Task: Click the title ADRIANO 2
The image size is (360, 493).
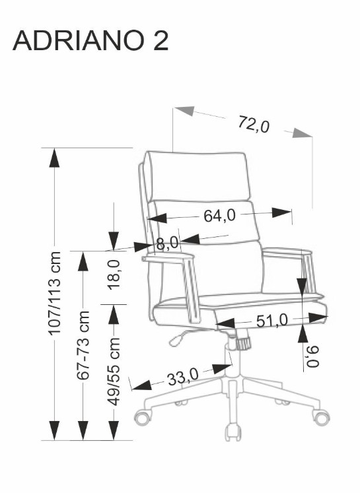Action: point(90,40)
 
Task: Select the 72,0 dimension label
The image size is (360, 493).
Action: point(254,124)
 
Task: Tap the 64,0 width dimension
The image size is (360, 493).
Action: point(219,215)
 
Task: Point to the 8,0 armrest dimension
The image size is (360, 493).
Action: point(167,244)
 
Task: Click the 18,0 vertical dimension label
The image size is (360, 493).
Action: point(114,274)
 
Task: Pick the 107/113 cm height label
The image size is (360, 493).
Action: point(54,293)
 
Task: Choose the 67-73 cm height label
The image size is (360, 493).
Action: point(83,345)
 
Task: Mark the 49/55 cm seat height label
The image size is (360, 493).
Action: point(114,372)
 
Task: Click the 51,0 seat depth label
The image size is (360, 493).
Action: point(272,321)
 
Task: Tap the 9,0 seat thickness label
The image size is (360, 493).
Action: point(312,356)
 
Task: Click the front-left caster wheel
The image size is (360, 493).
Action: point(143,417)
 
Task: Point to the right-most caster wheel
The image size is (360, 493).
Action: point(321,416)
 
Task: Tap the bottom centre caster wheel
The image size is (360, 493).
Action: point(233,433)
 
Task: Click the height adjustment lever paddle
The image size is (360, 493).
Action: point(176,340)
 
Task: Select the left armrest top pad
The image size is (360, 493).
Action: point(168,258)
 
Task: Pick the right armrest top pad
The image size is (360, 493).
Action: point(286,253)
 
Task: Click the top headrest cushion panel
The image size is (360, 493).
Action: point(199,176)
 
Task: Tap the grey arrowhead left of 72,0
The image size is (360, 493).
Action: point(184,111)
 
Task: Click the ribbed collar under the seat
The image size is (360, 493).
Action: point(243,343)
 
